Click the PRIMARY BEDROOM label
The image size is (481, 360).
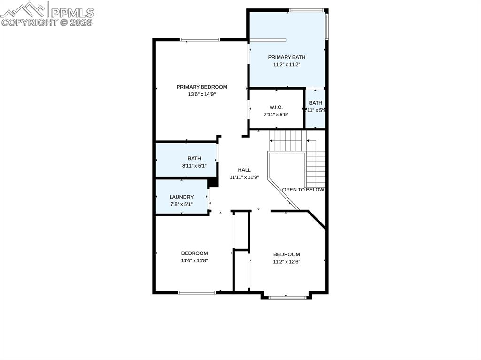coord(202,87)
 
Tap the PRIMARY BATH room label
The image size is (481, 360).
coord(287,57)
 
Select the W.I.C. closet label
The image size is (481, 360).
coord(276,107)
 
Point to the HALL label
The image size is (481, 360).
coord(244,170)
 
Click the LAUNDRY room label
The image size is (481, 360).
coord(181,197)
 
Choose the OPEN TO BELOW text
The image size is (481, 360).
coord(303,190)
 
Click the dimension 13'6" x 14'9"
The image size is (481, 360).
coord(202,94)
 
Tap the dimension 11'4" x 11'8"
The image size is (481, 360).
coord(194,260)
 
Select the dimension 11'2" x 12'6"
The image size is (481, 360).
coord(287,262)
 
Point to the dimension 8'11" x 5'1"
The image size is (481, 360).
coord(194,166)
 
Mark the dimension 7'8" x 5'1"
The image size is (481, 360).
coord(181,204)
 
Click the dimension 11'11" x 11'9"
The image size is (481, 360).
coord(244,177)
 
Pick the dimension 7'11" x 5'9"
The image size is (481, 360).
coord(276,114)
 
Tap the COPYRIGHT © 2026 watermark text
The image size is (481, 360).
coord(47,22)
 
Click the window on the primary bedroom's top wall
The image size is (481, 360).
coord(201,39)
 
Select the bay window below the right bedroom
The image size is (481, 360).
coord(287,297)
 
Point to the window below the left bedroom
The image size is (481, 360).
coord(197,292)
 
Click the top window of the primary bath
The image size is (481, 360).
coord(306,10)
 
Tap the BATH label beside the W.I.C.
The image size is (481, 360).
coord(316,103)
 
